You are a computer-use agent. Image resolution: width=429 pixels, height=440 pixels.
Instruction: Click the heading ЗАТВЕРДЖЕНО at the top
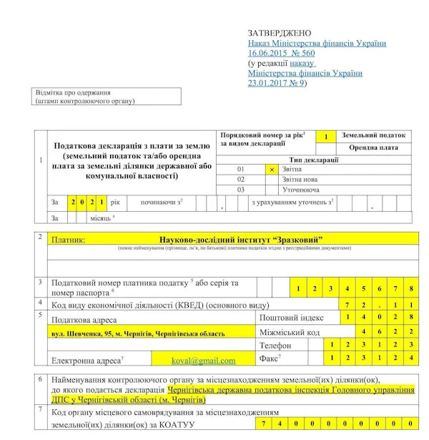pyautogui.click(x=280, y=33)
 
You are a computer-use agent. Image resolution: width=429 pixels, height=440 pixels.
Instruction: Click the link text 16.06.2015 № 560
pyautogui.click(x=281, y=53)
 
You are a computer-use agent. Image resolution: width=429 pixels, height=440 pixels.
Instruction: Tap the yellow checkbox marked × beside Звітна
pyautogui.click(x=272, y=170)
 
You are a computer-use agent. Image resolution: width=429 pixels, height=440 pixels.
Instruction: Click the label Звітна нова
pyautogui.click(x=302, y=180)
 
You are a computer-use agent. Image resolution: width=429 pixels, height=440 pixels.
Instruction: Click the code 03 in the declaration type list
pyautogui.click(x=241, y=190)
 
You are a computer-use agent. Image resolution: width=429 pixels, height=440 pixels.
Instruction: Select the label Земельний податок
pyautogui.click(x=374, y=135)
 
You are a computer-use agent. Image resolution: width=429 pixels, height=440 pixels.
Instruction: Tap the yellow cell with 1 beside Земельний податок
pyautogui.click(x=325, y=136)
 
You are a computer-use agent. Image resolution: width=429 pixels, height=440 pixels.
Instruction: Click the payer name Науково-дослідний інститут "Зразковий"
pyautogui.click(x=241, y=238)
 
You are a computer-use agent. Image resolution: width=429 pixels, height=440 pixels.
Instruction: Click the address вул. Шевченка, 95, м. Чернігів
pyautogui.click(x=133, y=333)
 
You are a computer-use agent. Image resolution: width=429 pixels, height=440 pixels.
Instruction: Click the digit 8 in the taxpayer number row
pyautogui.click(x=410, y=288)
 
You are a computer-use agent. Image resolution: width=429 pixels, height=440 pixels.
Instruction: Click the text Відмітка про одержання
pyautogui.click(x=72, y=93)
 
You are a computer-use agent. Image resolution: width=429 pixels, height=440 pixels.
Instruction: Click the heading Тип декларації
pyautogui.click(x=314, y=160)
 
